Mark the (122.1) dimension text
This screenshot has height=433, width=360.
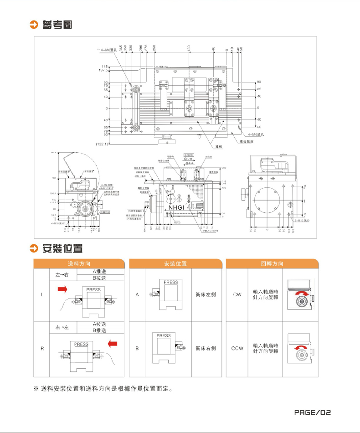tap(102, 144)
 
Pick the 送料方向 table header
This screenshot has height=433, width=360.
tap(79, 264)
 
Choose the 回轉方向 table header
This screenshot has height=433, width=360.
tap(272, 264)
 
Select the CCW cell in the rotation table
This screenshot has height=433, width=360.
tap(237, 349)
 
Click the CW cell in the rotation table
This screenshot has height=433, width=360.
tap(237, 295)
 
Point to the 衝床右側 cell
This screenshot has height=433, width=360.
tap(205, 349)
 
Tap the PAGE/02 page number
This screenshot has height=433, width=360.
tap(312, 413)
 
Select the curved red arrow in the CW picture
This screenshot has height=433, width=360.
tap(300, 292)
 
